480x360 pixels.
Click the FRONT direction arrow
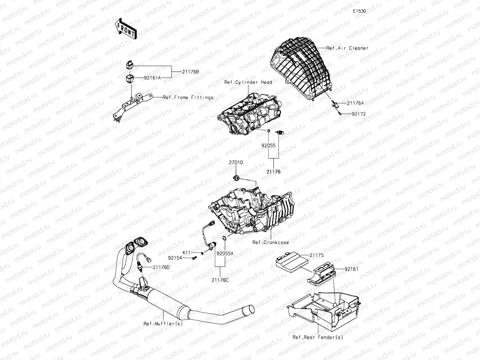pos(126,28)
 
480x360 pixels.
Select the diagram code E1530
pos(360,11)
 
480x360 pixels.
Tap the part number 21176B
pos(190,72)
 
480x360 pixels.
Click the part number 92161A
pos(152,78)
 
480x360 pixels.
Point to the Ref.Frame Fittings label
pos(188,97)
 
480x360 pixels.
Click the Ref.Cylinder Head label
pos(248,82)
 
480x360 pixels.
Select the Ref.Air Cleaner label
pos(347,48)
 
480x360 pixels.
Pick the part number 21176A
pos(355,103)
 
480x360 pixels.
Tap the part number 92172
pos(358,114)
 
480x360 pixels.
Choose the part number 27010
pos(236,163)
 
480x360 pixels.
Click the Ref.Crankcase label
pos(270,243)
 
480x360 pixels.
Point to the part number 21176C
pos(220,280)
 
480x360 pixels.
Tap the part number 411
pos(186,253)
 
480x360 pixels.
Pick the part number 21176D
pos(161,267)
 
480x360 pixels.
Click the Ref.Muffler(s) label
pos(163,324)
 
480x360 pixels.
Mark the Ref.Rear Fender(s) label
pos(318,337)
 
